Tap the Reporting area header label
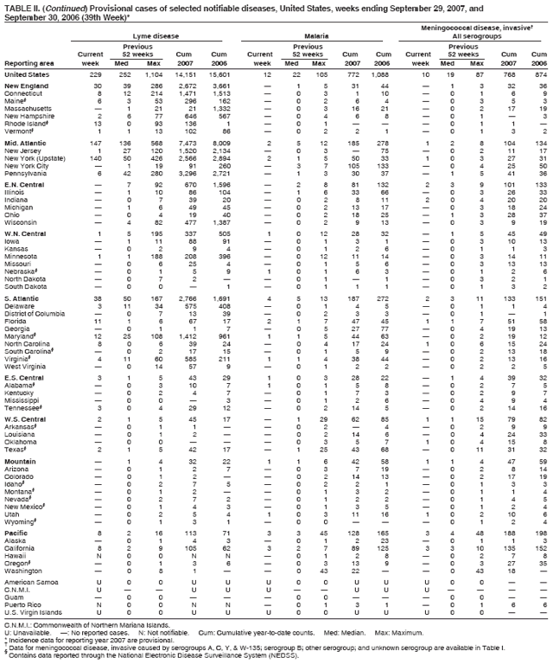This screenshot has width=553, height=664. [26, 63]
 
